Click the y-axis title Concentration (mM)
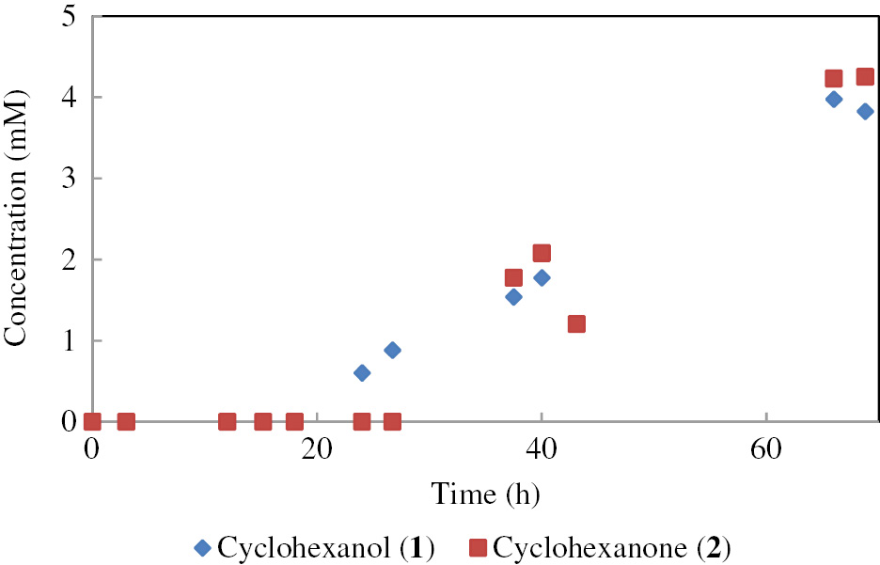(15, 220)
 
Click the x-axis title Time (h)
(485, 493)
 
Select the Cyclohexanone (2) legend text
(612, 546)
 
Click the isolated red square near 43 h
(576, 324)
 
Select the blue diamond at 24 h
(362, 373)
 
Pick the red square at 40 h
(542, 253)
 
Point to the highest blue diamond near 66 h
(833, 99)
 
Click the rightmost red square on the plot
(865, 77)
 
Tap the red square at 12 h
(227, 421)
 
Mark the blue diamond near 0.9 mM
(392, 350)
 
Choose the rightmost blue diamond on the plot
(865, 111)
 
